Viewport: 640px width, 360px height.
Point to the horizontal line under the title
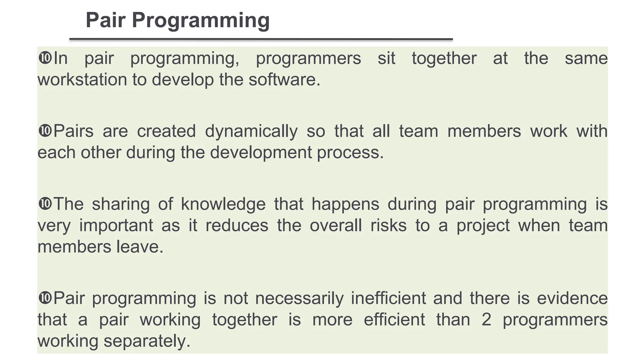pos(261,39)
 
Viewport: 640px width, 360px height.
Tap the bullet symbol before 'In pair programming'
pos(45,58)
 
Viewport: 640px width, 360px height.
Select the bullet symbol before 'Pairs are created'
pos(45,131)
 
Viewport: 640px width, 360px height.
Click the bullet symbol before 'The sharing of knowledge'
pos(45,204)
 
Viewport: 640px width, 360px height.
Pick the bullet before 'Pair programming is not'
pos(45,297)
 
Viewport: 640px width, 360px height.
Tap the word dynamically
pos(251,131)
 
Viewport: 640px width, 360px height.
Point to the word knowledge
pos(223,204)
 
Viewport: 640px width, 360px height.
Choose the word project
pos(483,226)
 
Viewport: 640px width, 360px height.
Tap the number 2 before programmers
pos(486,319)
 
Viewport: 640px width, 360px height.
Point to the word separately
pos(147,341)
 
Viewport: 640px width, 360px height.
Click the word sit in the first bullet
pos(386,58)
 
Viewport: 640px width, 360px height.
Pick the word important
pos(116,226)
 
